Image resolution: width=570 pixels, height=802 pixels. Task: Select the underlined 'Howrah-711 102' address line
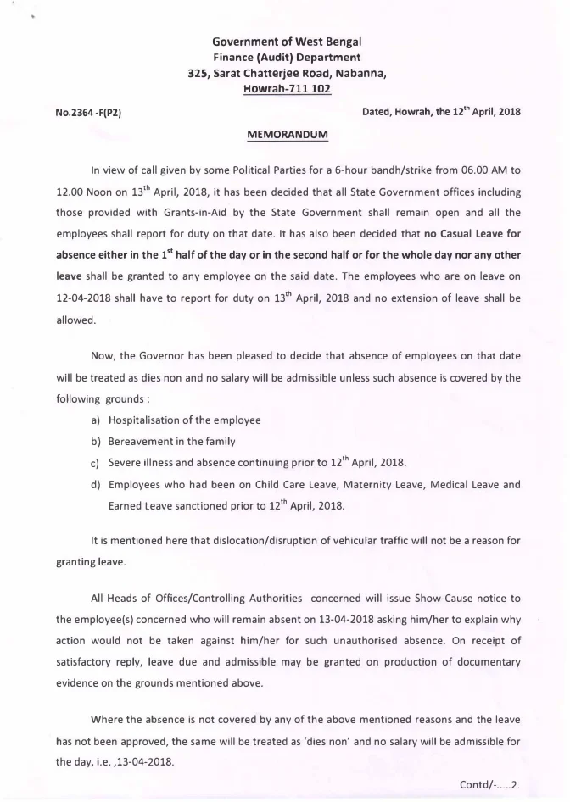tap(287, 87)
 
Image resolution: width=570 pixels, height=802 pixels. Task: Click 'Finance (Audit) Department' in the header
tap(287, 58)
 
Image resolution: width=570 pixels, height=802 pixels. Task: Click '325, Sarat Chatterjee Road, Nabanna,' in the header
tap(287, 73)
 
